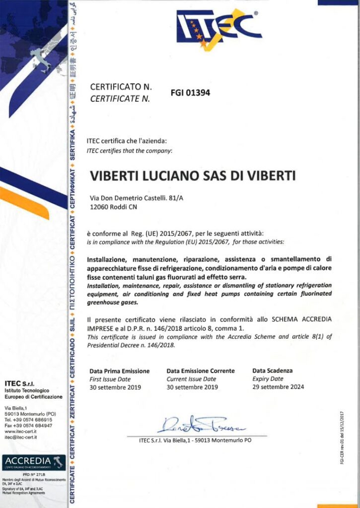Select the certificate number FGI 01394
(x=190, y=92)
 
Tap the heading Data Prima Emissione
(x=119, y=371)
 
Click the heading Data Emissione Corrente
(x=201, y=371)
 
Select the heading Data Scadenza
(x=273, y=371)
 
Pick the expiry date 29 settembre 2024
(x=278, y=387)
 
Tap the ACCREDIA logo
(x=33, y=461)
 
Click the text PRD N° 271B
(x=33, y=474)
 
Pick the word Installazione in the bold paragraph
(x=106, y=259)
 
